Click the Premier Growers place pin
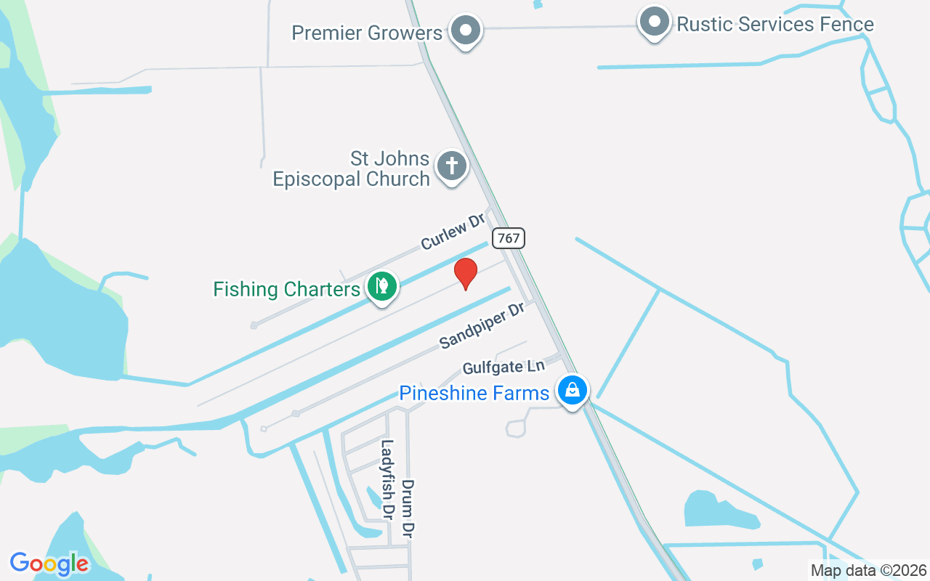466,31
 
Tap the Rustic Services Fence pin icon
655,23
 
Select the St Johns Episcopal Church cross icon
452,166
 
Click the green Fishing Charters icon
381,286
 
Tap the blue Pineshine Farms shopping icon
573,391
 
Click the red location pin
466,273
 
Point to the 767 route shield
508,237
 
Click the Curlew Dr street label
452,232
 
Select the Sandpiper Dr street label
482,326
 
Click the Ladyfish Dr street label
387,479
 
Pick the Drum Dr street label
408,508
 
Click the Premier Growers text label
367,33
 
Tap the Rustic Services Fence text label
775,24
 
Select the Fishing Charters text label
286,289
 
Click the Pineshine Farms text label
474,393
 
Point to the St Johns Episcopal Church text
352,168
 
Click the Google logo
49,564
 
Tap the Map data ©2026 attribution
868,570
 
